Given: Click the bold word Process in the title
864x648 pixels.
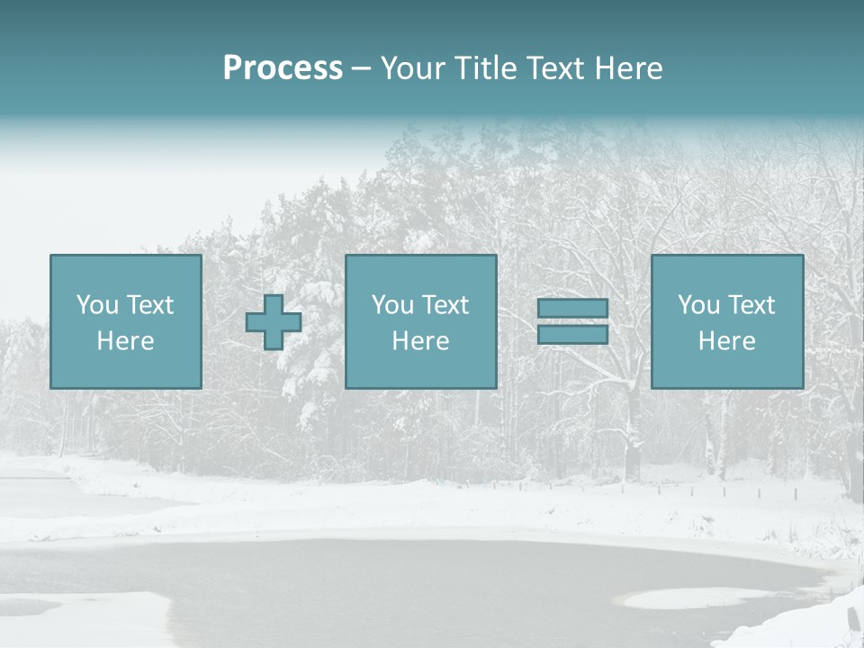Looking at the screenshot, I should [x=283, y=68].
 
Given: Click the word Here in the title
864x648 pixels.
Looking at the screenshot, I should [x=630, y=68].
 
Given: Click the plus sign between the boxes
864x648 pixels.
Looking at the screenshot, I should [x=274, y=322].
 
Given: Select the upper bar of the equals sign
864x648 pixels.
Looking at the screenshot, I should [x=572, y=309].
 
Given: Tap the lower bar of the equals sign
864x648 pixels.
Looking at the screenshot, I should [x=572, y=335].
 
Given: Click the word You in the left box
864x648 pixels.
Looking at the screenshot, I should [x=96, y=305].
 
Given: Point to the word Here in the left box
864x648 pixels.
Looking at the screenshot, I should [x=125, y=341].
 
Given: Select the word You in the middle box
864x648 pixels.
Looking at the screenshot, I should [x=391, y=305].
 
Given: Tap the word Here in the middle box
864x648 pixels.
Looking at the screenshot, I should [x=420, y=341].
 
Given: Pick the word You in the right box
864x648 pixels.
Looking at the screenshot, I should [x=697, y=305].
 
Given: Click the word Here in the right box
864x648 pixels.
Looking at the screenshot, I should [x=726, y=341].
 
